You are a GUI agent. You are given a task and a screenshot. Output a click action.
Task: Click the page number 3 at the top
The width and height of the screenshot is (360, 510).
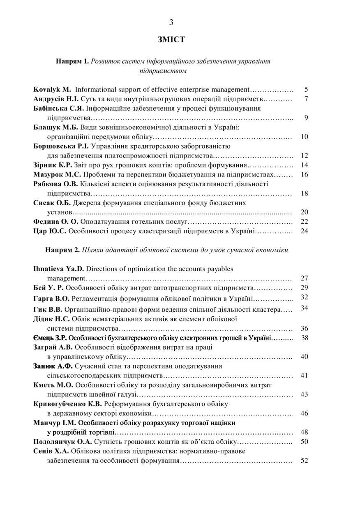[171, 23]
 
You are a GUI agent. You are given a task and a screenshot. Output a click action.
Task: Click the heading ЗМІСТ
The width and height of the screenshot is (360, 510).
[171, 39]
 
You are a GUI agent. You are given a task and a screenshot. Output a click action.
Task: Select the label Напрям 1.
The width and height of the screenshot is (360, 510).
[73, 62]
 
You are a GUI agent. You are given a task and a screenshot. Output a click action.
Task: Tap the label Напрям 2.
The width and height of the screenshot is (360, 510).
[62, 250]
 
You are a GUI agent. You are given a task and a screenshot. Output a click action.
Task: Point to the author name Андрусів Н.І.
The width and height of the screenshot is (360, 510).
[56, 99]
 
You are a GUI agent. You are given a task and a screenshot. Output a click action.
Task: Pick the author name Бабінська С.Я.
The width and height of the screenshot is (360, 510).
[58, 109]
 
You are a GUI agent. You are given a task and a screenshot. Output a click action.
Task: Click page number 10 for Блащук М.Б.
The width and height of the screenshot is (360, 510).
[305, 137]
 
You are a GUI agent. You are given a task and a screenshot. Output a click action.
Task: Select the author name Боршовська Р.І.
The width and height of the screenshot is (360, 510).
[61, 146]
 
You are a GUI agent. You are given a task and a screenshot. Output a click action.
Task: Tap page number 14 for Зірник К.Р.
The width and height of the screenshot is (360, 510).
[305, 165]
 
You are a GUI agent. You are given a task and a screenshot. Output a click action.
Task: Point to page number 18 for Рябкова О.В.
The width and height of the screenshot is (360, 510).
[305, 193]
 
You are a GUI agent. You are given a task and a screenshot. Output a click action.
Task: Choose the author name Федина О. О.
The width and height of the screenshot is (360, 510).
[55, 222]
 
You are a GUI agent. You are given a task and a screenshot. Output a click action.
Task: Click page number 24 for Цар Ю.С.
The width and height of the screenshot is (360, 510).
[305, 231]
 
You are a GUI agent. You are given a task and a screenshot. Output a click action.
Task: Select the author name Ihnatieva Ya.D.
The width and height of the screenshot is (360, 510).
[58, 269]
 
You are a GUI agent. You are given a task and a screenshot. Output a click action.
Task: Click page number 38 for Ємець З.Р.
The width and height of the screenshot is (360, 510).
[305, 338]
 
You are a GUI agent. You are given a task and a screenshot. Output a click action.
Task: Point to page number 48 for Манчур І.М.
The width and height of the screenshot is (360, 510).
[305, 432]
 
